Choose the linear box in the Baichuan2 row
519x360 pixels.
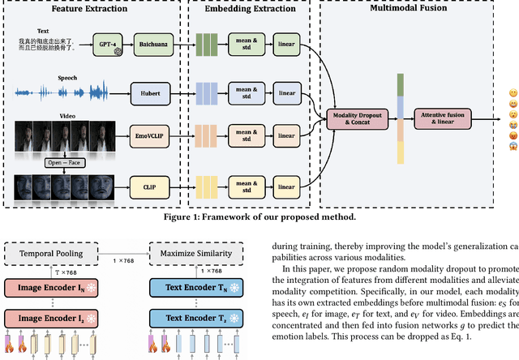click(286, 43)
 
